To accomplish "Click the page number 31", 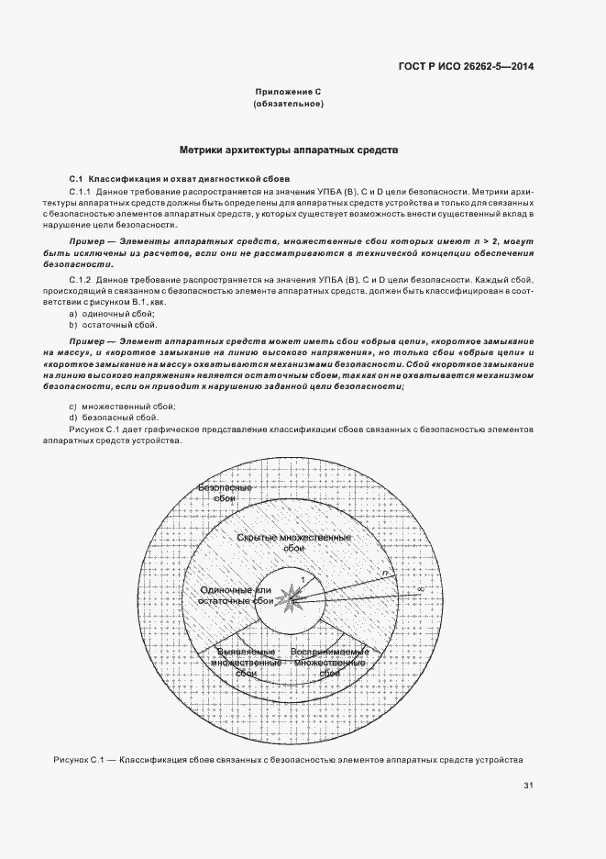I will [x=528, y=785].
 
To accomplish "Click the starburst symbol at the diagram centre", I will [x=292, y=599].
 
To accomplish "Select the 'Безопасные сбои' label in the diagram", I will [x=224, y=493].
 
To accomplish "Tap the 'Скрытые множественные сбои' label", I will [x=292, y=542].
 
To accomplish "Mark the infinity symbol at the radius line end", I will [x=419, y=588].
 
